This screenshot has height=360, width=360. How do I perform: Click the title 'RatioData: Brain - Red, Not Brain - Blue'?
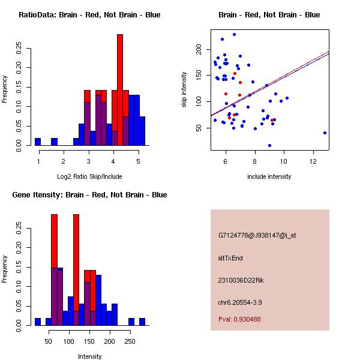click(89, 15)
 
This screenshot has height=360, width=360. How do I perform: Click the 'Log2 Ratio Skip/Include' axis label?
click(89, 176)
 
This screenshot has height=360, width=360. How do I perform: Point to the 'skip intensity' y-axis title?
click(184, 90)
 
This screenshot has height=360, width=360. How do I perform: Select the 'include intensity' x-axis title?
click(269, 176)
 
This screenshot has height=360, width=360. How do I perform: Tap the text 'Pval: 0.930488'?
click(239, 319)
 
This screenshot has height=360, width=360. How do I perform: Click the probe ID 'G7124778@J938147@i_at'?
click(257, 235)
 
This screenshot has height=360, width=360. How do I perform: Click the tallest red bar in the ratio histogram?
click(120, 90)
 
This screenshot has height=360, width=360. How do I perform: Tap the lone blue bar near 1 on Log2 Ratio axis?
click(38, 142)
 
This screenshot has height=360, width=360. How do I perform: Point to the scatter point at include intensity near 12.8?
click(325, 133)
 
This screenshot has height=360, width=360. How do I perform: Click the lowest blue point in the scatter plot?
click(269, 145)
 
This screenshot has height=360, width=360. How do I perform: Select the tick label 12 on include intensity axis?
click(313, 161)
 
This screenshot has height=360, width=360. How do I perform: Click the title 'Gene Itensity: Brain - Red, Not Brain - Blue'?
click(89, 195)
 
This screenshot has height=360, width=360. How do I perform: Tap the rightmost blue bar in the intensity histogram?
click(142, 322)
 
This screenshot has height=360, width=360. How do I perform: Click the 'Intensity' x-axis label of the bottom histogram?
click(89, 356)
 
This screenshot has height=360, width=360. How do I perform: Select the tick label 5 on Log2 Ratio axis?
click(138, 161)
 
